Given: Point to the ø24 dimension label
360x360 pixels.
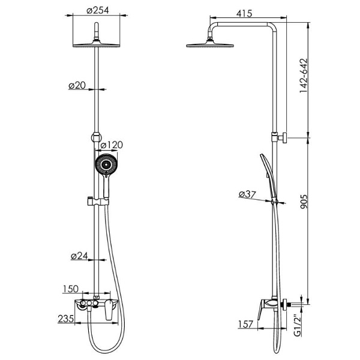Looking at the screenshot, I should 80,256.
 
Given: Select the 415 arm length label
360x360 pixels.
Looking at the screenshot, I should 244,13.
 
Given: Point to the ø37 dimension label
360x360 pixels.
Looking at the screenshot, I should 247,194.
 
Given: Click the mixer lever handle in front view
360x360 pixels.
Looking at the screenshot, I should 109,311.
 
